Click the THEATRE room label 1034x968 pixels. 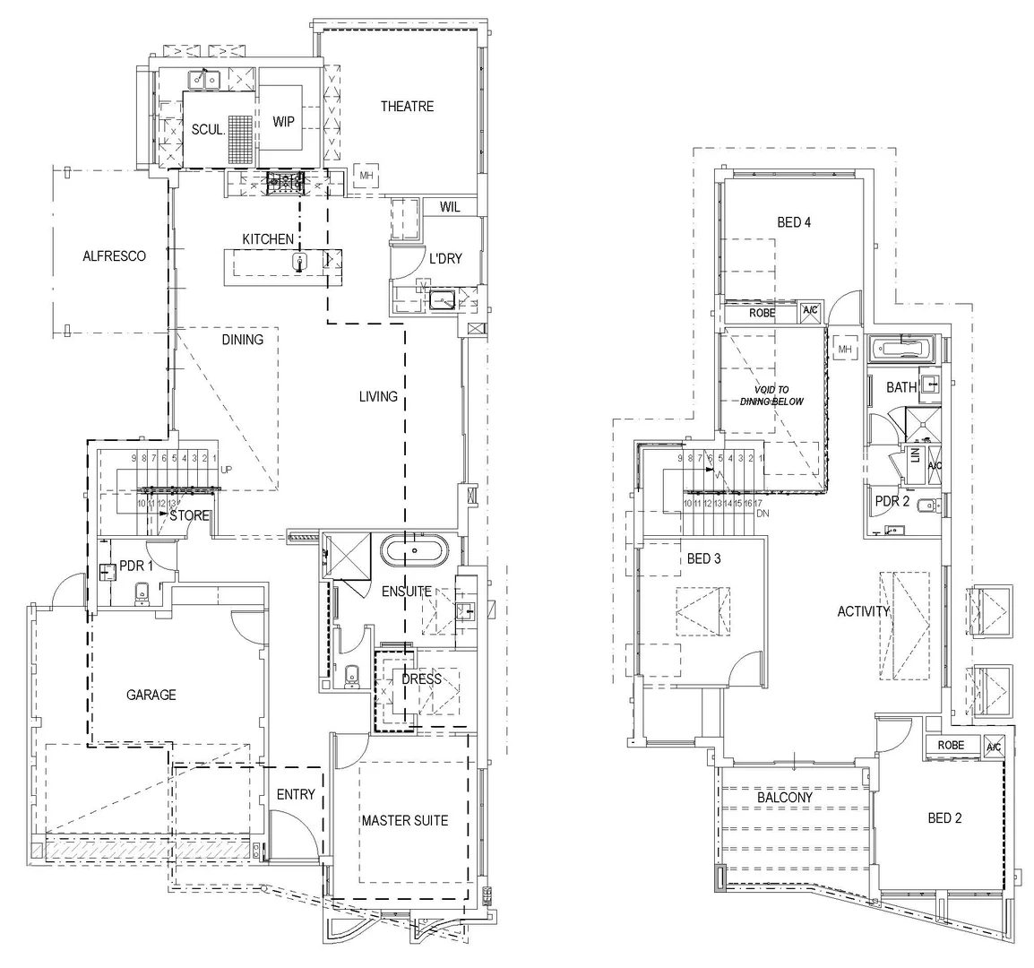[x=407, y=107]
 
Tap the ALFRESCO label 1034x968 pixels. [x=114, y=256]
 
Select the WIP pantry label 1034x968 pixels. [x=284, y=122]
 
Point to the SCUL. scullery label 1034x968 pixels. [x=208, y=130]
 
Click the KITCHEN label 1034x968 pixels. [x=268, y=239]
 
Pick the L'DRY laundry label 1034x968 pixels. [x=445, y=259]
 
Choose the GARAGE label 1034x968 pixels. [x=151, y=695]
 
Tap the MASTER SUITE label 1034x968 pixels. [x=404, y=820]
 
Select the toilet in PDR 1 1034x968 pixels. [x=141, y=592]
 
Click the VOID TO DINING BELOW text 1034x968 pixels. [x=771, y=396]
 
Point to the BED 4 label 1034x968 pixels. [x=794, y=222]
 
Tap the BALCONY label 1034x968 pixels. [x=784, y=797]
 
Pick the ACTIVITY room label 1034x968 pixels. [x=864, y=612]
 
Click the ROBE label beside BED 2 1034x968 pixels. [x=951, y=746]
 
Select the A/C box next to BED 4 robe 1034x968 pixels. [x=810, y=313]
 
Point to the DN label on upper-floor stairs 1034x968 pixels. [x=763, y=514]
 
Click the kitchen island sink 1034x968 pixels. [x=301, y=261]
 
